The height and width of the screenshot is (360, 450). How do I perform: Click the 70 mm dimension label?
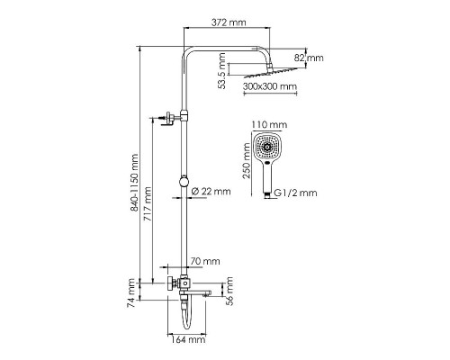coord(207,261)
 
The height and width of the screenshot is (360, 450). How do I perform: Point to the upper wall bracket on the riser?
coord(167,116)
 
